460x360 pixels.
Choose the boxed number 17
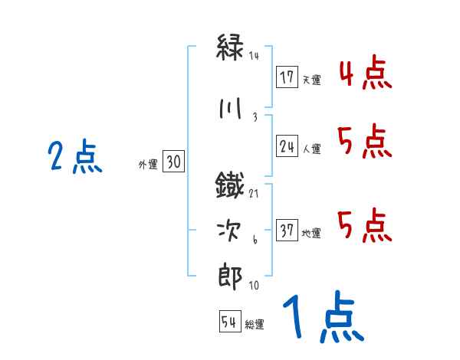coord(287,77)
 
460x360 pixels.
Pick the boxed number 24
coord(287,147)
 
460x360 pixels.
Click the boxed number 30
coord(173,162)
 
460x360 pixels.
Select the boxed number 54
coord(229,322)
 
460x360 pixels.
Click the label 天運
coord(311,79)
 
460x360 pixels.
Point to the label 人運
coord(311,149)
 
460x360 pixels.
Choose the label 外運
coord(148,164)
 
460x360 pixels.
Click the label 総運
coord(255,324)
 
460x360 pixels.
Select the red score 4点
coord(365,74)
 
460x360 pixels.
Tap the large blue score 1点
coord(322,319)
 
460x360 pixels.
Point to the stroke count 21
coord(254,195)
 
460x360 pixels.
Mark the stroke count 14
coord(254,55)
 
